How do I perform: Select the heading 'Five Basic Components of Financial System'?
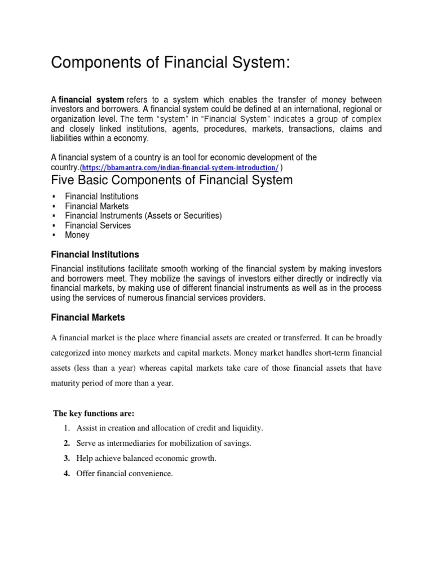172,180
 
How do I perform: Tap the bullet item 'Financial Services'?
98,225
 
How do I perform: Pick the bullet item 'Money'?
77,235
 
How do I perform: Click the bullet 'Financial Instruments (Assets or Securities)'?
143,216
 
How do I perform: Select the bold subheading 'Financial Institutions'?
95,255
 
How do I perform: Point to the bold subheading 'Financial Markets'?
88,318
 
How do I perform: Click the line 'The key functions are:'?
94,413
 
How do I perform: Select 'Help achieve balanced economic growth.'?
147,459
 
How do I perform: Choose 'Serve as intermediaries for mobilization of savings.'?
165,443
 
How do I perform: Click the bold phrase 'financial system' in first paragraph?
91,100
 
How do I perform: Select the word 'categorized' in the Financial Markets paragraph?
73,353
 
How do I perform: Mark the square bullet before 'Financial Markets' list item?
54,207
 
